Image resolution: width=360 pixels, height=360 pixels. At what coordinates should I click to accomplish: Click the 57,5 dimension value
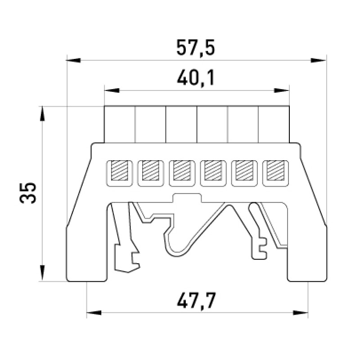(x=196, y=48)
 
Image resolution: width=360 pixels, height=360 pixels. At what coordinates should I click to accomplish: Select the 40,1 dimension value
(x=196, y=78)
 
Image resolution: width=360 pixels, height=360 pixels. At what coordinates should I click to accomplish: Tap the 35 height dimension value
(x=28, y=193)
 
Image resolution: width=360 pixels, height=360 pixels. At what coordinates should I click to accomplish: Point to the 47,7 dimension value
(x=196, y=301)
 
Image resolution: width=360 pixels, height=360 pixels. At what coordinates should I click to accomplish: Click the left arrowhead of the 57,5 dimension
(x=73, y=60)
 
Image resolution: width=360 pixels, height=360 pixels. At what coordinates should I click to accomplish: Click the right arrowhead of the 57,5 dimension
(x=318, y=60)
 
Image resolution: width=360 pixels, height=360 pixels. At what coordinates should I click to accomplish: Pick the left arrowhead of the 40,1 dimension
(x=112, y=90)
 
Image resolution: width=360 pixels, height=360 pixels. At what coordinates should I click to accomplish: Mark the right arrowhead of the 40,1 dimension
(x=282, y=90)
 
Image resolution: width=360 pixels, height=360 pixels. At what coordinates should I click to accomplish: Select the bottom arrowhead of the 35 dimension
(x=42, y=273)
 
